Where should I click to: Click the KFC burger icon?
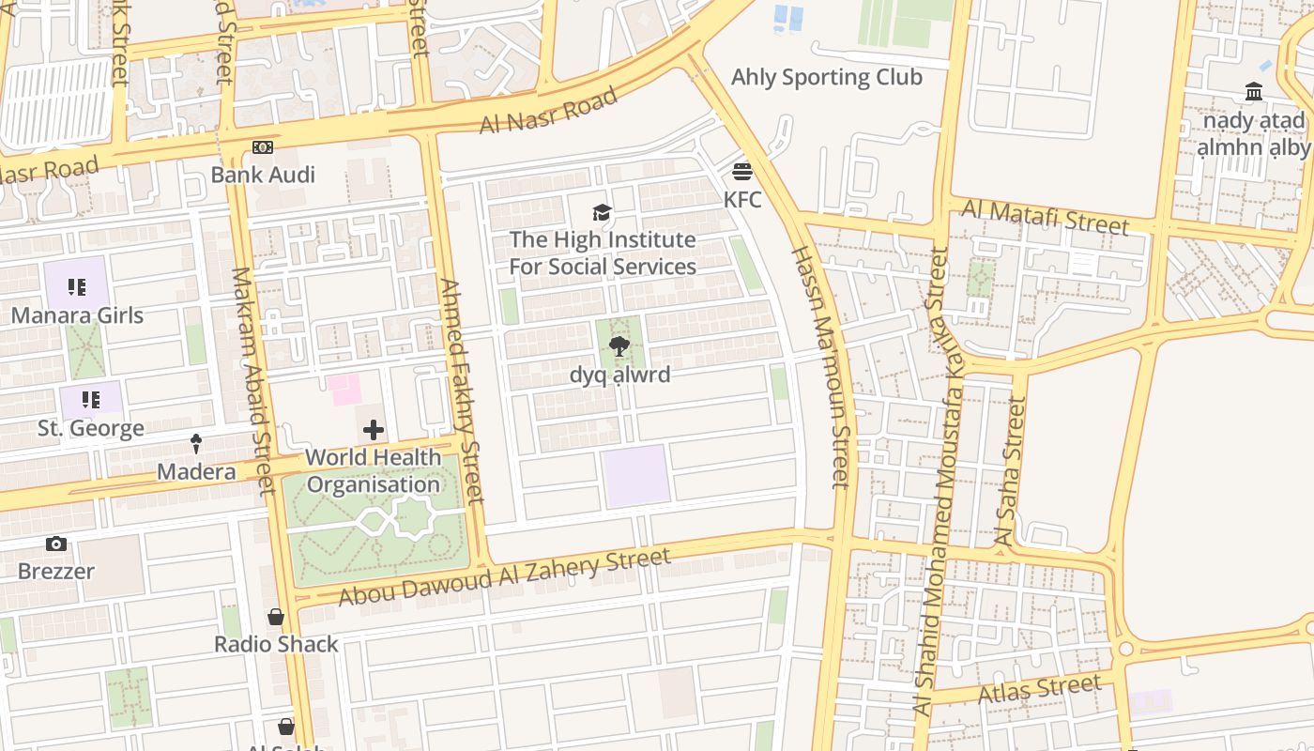pos(742,172)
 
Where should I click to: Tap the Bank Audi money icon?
pos(263,147)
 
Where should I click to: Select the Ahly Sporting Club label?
pos(826,77)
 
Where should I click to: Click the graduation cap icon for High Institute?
pos(602,213)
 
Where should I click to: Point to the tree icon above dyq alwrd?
pos(619,347)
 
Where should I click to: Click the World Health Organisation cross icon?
pos(373,430)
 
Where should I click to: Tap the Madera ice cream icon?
pos(196,443)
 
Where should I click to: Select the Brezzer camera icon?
pos(56,544)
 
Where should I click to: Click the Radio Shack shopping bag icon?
pos(276,617)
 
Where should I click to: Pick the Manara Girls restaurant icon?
pos(77,287)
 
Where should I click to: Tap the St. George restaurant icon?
pos(90,401)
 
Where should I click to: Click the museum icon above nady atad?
pos(1254,92)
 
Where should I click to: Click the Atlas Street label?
pos(1039,690)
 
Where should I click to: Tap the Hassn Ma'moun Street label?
pos(820,366)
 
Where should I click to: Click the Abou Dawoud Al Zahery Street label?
pos(504,576)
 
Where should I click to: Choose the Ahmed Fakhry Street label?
pos(462,390)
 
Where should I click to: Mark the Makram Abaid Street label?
pos(253,380)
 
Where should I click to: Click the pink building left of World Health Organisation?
pos(344,390)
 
